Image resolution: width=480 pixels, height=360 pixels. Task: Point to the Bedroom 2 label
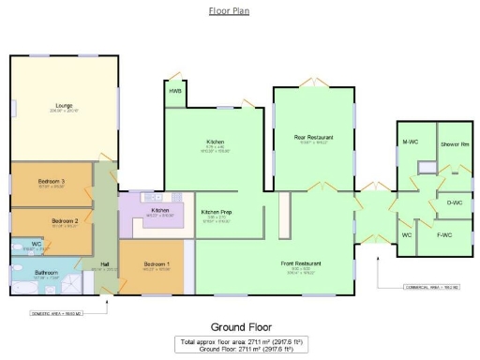tap(52, 220)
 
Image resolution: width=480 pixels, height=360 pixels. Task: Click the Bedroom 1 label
tap(157, 264)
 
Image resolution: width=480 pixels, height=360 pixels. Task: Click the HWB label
tap(175, 91)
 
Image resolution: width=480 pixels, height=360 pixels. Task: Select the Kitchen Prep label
tap(217, 213)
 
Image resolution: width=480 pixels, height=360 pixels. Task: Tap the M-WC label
tap(409, 142)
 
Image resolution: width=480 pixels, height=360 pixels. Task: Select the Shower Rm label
tap(457, 142)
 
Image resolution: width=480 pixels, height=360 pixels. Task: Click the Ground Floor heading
tap(240, 327)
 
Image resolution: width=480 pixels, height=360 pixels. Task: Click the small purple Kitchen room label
tap(160, 211)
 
